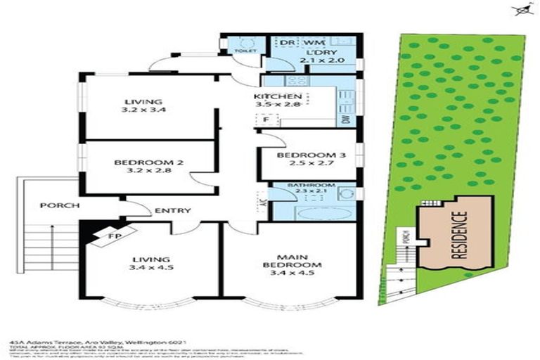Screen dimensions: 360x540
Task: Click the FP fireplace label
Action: tap(114, 236)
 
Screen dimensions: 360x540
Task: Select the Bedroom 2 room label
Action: tap(148, 163)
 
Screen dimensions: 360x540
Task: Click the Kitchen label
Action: tap(278, 96)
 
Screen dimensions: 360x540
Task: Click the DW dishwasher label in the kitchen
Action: tap(346, 120)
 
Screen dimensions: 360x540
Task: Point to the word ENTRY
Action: tap(169, 210)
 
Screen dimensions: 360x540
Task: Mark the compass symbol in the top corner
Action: tap(522, 11)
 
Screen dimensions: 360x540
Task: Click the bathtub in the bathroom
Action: tap(320, 214)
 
